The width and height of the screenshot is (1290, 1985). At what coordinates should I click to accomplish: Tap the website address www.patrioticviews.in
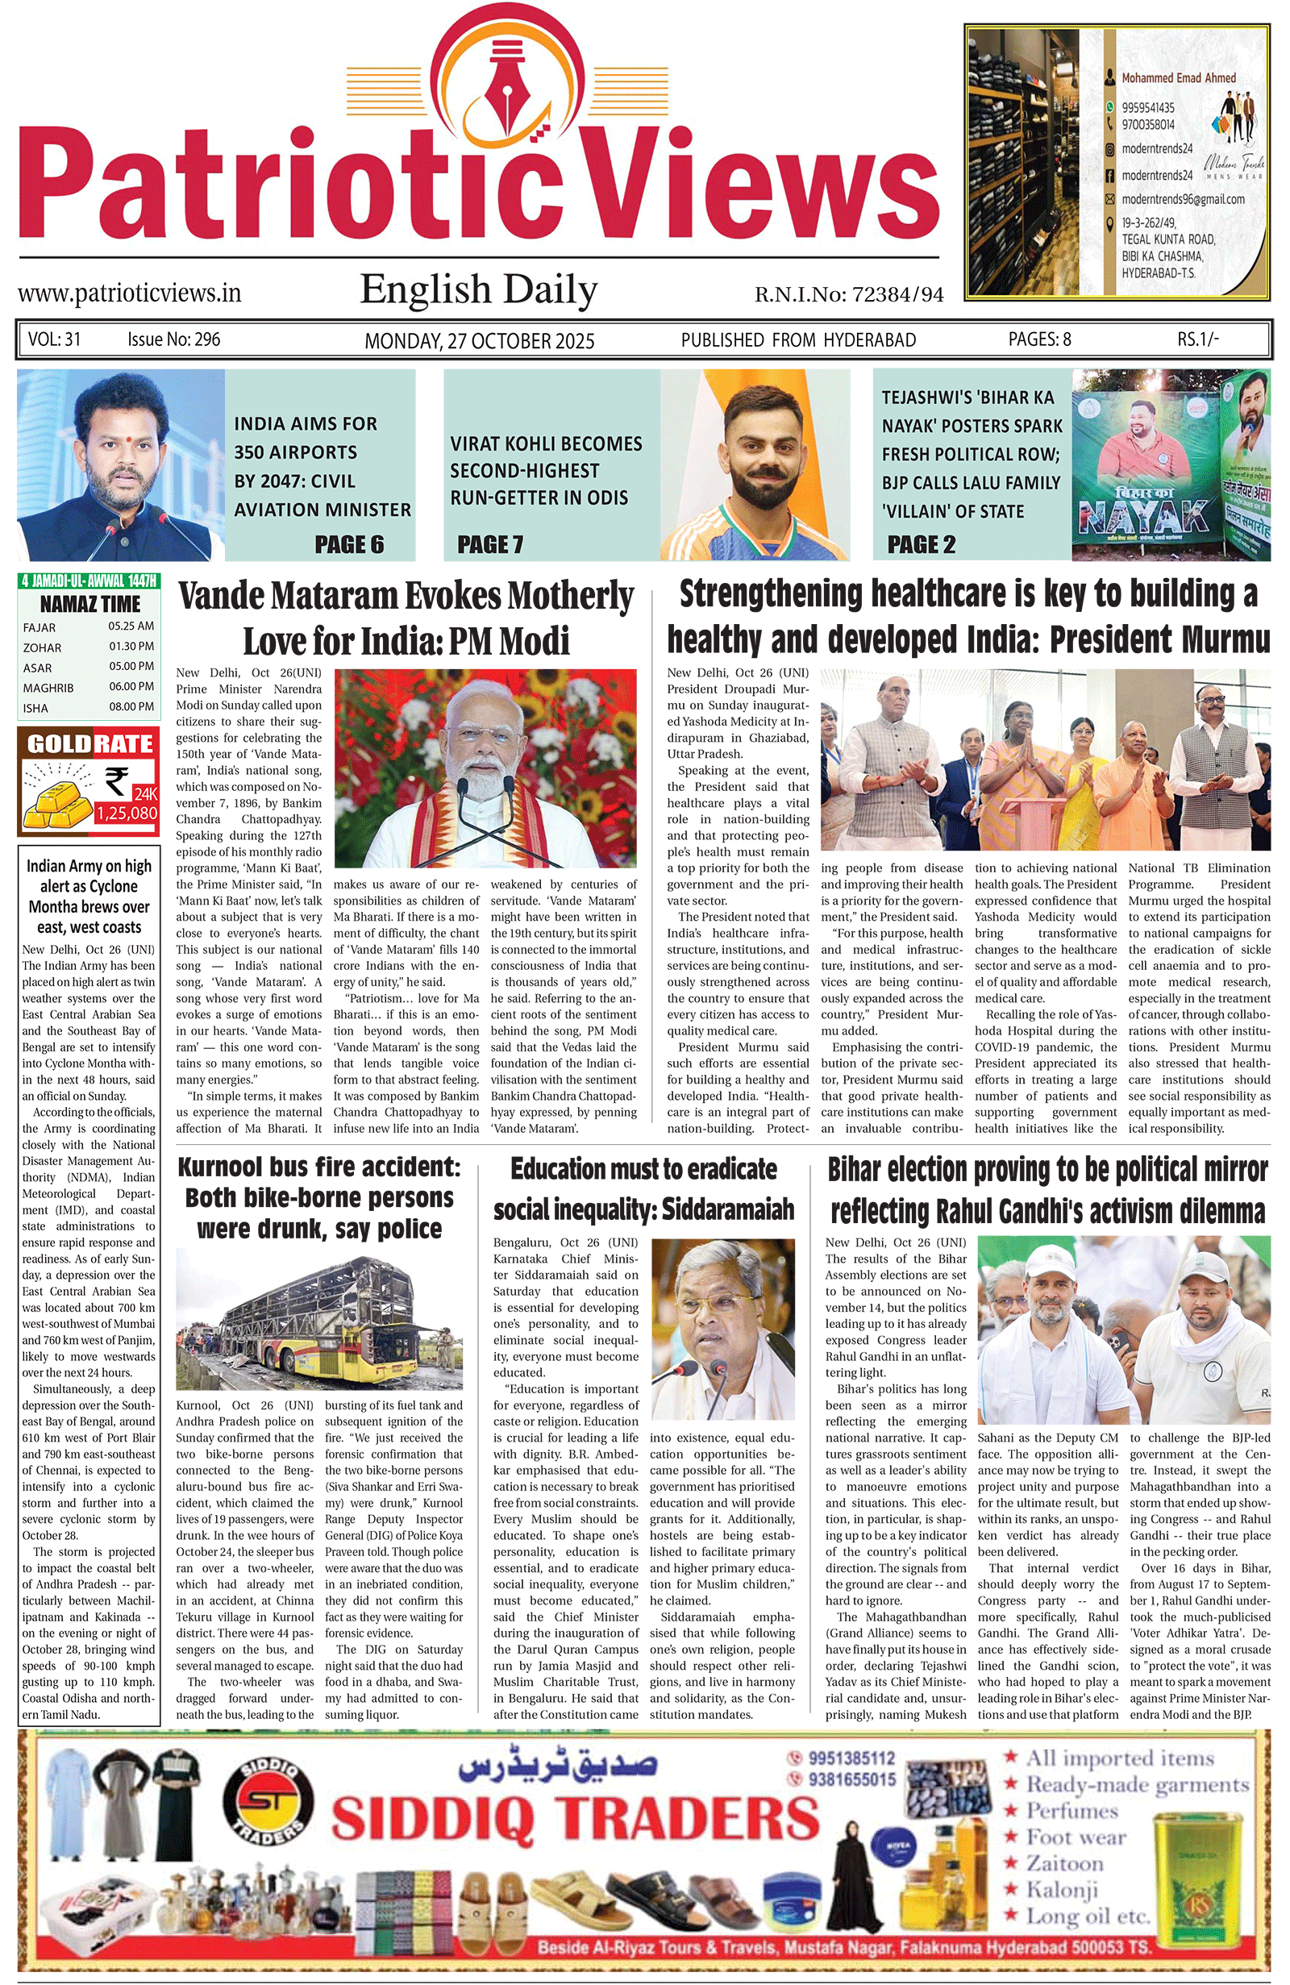point(129,293)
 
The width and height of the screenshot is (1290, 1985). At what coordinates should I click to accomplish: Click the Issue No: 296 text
point(173,339)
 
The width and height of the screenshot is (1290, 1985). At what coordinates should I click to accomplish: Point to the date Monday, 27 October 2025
point(480,340)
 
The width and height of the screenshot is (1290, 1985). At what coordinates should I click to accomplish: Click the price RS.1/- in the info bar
point(1197,339)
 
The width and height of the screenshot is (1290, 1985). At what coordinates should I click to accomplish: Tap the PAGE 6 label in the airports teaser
point(349,544)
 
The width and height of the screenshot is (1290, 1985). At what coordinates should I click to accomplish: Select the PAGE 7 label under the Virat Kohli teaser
point(490,544)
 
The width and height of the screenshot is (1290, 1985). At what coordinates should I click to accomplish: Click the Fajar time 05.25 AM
point(131,626)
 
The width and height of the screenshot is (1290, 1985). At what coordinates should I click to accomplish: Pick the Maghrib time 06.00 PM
point(131,686)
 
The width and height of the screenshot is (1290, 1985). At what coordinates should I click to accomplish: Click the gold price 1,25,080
point(127,813)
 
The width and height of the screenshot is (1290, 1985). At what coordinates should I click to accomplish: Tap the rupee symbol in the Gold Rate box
point(116,781)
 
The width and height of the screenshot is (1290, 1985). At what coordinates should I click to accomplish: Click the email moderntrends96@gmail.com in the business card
point(1183,199)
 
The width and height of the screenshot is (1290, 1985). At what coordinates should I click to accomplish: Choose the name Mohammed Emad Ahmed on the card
point(1178,77)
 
